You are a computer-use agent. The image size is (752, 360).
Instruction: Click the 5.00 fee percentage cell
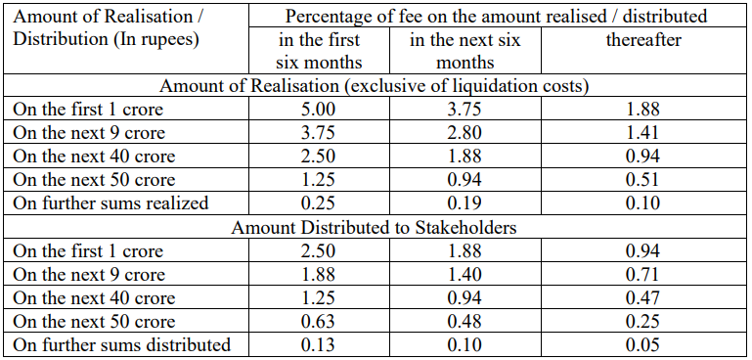point(319,110)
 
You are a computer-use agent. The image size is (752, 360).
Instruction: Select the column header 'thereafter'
point(643,39)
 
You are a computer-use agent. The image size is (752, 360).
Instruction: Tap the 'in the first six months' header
point(319,51)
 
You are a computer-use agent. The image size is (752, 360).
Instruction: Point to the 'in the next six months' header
point(464,51)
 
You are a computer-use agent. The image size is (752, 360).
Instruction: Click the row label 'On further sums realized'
point(111,202)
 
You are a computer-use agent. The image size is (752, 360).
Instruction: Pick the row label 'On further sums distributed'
point(122,344)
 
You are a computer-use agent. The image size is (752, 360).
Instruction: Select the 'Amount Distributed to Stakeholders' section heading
point(374,227)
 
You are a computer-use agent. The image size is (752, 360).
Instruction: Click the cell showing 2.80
point(464,133)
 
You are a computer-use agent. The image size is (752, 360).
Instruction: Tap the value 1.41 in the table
point(642,133)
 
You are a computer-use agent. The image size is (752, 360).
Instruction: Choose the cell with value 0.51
point(642,180)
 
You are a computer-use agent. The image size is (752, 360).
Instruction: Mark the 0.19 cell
point(464,203)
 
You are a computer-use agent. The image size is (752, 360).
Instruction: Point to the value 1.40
point(464,275)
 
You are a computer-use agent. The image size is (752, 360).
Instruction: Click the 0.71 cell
point(642,275)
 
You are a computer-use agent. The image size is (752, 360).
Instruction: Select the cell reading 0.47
point(642,298)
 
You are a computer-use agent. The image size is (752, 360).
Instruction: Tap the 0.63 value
point(319,322)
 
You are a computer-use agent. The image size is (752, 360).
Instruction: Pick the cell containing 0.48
point(464,322)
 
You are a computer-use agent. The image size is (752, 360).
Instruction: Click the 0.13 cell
point(319,345)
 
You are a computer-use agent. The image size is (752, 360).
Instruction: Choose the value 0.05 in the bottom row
point(642,345)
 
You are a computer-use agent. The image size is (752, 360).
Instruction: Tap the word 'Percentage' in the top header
point(326,17)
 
